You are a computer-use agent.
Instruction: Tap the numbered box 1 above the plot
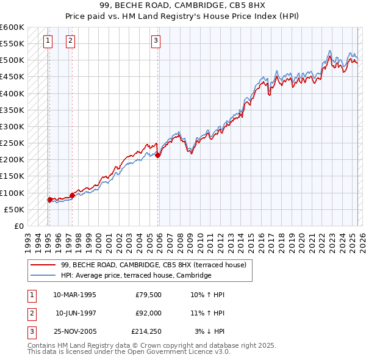click(x=48, y=41)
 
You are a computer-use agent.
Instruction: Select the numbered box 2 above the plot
click(x=71, y=41)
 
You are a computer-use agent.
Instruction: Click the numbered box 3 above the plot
click(x=156, y=41)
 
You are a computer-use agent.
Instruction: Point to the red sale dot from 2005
click(x=158, y=156)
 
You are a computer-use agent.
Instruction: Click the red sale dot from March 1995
click(x=49, y=200)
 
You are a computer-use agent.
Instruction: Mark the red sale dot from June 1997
click(x=72, y=195)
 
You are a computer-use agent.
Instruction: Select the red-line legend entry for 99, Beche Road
click(x=153, y=265)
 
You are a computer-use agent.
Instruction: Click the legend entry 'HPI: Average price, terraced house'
click(x=135, y=276)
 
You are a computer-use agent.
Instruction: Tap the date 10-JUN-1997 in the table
click(x=76, y=312)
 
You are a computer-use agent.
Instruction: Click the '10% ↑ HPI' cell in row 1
click(x=207, y=294)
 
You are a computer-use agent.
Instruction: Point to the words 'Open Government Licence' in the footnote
click(x=184, y=352)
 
